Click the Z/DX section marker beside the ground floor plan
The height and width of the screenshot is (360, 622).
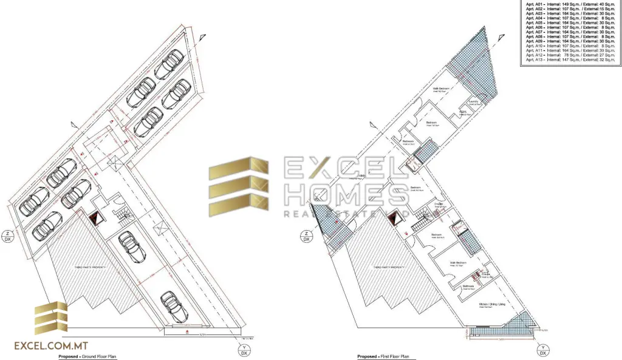point(8,236)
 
